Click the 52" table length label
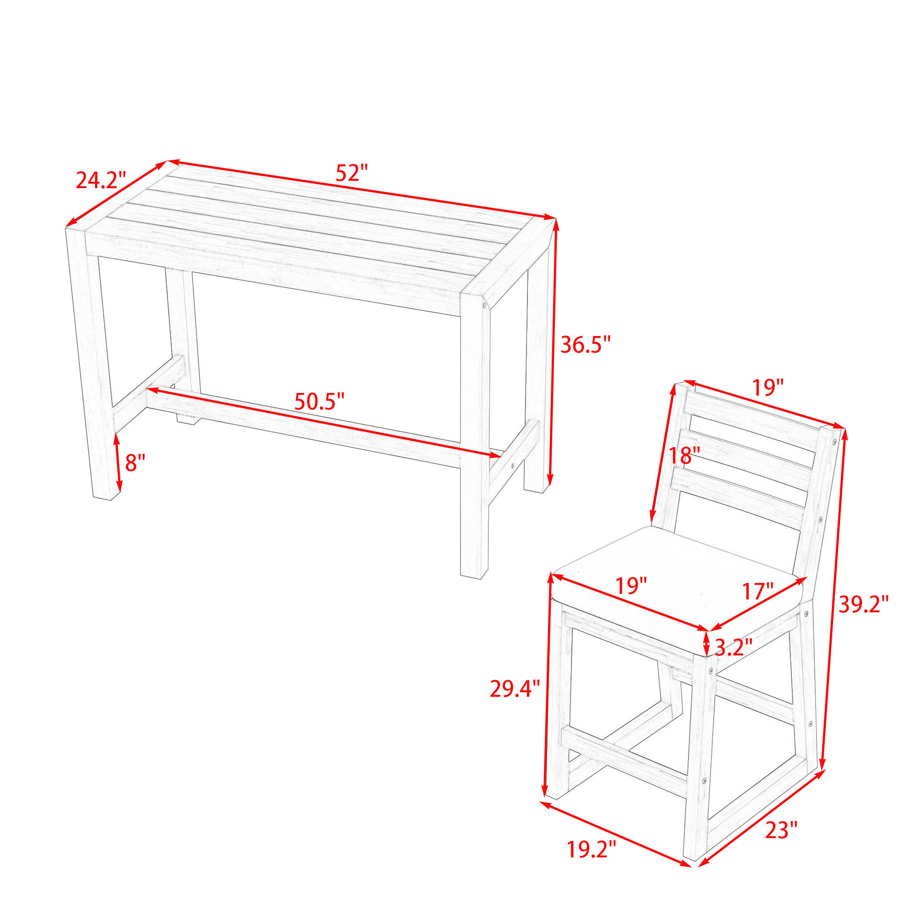352,173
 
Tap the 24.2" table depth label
101,180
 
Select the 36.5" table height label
585,345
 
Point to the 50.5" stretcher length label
319,402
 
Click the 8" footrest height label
135,462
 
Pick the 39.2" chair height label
863,605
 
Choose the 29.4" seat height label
515,689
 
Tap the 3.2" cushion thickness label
733,647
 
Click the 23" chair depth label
781,830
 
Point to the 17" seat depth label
758,592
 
